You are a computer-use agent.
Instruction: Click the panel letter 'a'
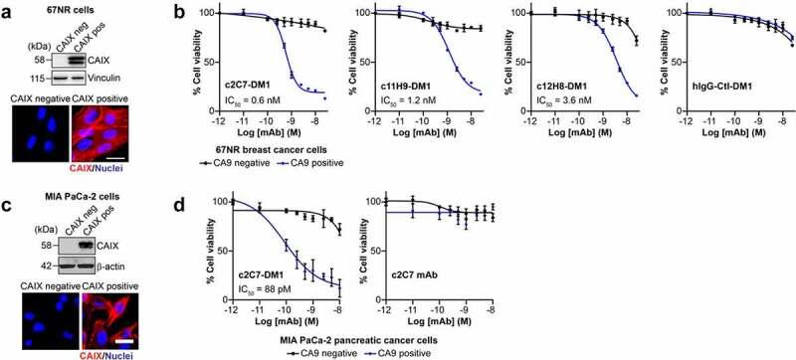click(7, 10)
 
